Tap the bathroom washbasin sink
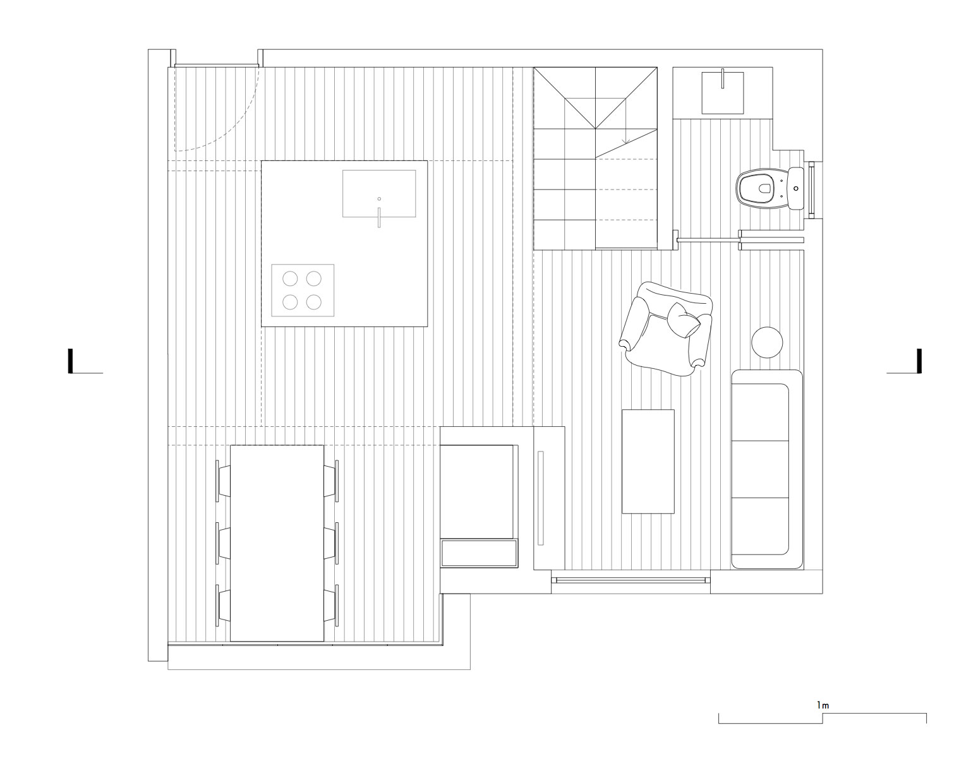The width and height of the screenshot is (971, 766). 722,93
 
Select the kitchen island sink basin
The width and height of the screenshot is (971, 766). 379,193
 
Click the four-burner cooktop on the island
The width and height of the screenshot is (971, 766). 303,290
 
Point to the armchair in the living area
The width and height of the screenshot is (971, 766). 665,329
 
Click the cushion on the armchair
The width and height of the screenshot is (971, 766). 684,320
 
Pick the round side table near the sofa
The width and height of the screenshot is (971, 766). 767,342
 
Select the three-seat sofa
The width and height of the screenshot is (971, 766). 767,469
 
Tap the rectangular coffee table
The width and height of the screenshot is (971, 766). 648,462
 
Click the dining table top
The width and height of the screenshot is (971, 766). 277,543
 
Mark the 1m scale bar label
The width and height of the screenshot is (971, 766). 823,705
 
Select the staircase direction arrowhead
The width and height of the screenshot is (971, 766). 625,141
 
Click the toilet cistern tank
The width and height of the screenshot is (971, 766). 796,188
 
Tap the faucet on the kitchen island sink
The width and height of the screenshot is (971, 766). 379,217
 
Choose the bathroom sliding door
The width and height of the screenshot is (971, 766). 740,239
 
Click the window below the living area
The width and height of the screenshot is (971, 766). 630,580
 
